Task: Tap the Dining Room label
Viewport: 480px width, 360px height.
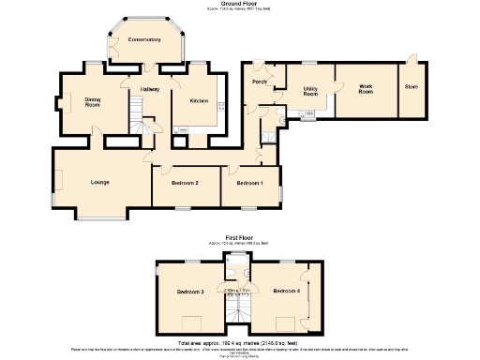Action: (93, 102)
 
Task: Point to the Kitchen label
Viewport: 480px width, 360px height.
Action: (198, 100)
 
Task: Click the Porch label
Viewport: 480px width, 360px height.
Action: (261, 82)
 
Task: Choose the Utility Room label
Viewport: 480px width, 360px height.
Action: (309, 91)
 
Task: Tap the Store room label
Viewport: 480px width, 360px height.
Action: (410, 88)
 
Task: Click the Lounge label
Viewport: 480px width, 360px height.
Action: (100, 182)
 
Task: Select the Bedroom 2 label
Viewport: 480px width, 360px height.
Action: (184, 183)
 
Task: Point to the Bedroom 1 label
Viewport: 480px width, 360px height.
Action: (249, 183)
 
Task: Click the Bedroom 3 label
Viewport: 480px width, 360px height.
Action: (190, 292)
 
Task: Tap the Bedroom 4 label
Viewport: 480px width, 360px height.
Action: (286, 292)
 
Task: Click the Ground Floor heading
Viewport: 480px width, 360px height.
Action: (240, 4)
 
